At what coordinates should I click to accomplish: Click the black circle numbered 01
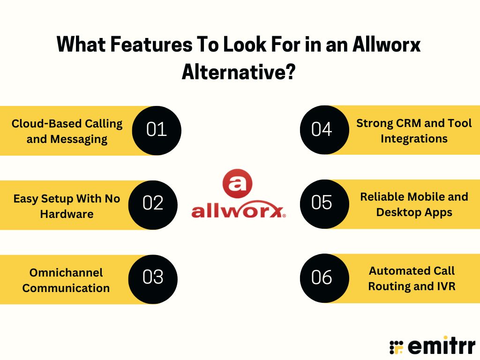[157, 130]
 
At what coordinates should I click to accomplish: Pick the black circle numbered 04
[322, 129]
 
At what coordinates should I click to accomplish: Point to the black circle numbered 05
[322, 203]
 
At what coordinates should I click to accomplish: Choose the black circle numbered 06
[322, 277]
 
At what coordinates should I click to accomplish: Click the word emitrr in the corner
[442, 346]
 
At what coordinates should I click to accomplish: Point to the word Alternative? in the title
[239, 71]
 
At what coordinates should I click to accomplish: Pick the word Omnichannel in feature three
[66, 272]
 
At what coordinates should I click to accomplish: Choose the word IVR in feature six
[445, 286]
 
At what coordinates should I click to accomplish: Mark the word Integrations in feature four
[414, 139]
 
